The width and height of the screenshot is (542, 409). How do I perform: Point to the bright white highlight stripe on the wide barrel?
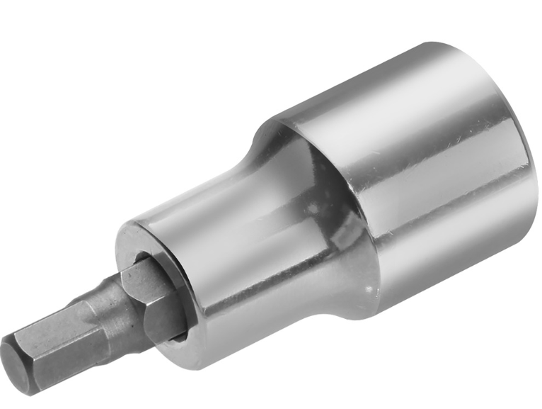point(425,142)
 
